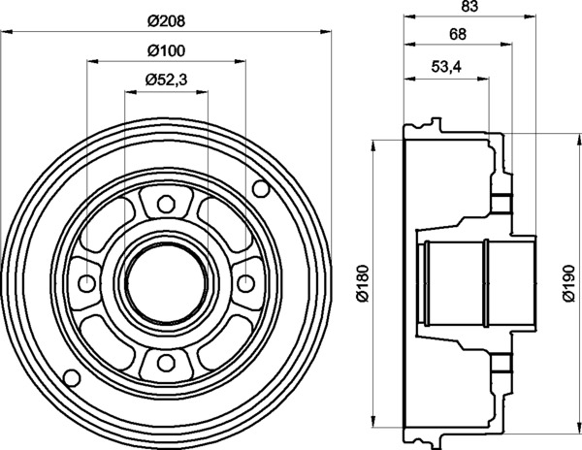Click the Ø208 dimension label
tap(166, 21)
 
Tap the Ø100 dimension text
tap(166, 51)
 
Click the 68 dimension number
tap(458, 35)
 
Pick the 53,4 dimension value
tap(446, 67)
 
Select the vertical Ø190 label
tap(568, 283)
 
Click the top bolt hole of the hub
tap(166, 204)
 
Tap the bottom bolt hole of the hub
tap(166, 363)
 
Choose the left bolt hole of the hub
tap(87, 283)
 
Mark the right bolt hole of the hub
tap(246, 283)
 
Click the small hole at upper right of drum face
tap(261, 189)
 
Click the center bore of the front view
tap(166, 283)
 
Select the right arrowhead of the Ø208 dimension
tap(326, 32)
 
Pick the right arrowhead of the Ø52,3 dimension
tap(202, 92)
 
